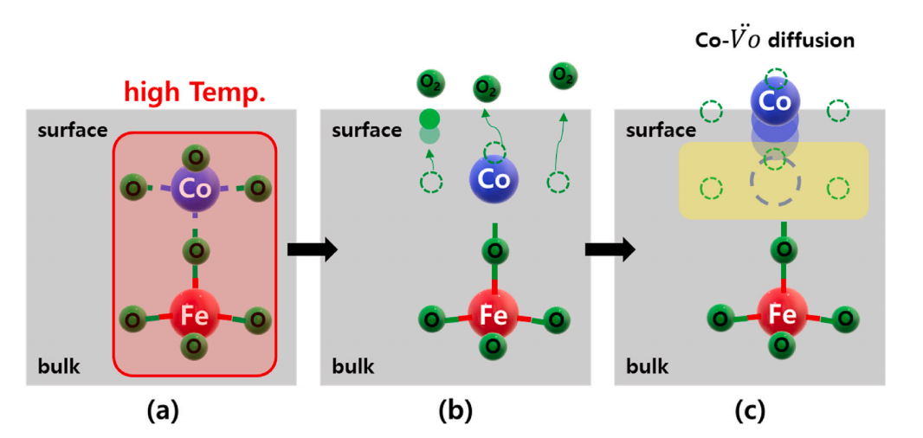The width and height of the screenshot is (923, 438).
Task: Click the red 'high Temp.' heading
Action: click(x=195, y=91)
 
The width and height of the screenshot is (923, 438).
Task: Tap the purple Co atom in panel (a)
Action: click(x=196, y=186)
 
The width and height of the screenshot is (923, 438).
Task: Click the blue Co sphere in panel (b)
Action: click(x=494, y=179)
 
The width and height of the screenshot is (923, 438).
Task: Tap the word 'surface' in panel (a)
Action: click(x=73, y=131)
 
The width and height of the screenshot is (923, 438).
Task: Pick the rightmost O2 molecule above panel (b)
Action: click(x=564, y=77)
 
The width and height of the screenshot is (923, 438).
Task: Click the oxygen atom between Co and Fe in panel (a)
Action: click(x=197, y=252)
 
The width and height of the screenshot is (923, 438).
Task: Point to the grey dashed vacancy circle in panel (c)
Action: click(x=776, y=184)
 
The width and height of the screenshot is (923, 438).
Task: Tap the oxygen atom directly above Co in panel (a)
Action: click(x=196, y=157)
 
